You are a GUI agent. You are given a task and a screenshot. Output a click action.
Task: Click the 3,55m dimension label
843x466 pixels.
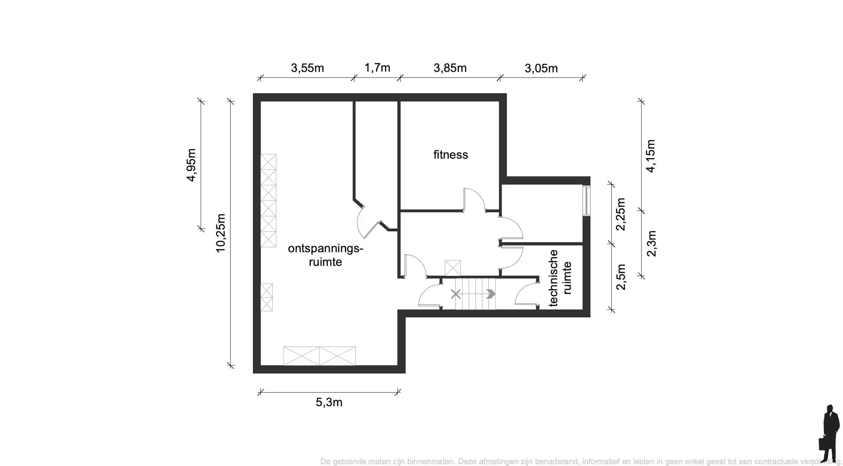307,68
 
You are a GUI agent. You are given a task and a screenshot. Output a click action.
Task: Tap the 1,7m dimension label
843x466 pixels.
377,68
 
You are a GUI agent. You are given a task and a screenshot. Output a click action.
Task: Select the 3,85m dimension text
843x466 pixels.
450,68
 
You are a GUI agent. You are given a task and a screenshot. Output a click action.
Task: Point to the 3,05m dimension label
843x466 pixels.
541,68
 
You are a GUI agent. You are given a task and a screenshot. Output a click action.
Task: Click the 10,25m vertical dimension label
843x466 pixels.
221,233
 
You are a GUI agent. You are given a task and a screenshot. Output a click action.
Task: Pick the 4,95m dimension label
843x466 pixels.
191,165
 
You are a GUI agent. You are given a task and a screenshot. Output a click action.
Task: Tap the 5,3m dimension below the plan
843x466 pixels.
329,402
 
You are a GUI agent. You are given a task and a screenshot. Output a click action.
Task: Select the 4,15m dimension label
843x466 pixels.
651,156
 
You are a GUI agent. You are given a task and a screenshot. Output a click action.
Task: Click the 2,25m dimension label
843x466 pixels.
620,214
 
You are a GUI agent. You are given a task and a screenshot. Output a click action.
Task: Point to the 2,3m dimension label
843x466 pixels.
651,243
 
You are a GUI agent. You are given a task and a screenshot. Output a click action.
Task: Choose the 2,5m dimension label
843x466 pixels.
621,277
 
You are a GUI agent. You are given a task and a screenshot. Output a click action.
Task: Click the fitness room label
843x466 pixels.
451,155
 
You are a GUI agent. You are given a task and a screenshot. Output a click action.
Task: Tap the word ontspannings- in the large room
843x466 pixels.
325,248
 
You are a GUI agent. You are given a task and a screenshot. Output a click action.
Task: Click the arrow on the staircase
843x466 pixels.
491,294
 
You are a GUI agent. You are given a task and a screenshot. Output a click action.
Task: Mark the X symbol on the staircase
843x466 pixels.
455,294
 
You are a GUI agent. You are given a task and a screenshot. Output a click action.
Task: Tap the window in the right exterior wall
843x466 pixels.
587,201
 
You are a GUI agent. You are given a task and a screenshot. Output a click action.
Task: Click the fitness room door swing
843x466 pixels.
474,199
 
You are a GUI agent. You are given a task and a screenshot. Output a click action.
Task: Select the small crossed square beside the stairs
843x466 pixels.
453,268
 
